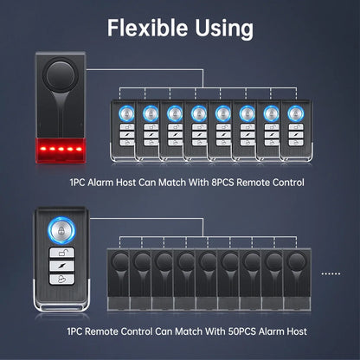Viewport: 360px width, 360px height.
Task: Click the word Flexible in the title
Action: (x=147, y=28)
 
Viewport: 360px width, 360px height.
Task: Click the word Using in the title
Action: (x=224, y=29)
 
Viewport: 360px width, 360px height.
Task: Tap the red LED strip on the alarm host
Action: (x=61, y=150)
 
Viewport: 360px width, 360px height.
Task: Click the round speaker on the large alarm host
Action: (x=61, y=75)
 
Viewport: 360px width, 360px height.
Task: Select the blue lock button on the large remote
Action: (x=61, y=231)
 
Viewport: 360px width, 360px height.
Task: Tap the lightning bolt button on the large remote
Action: (x=61, y=266)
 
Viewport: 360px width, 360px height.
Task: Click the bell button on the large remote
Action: (x=61, y=280)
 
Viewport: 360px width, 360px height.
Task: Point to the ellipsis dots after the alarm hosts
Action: (x=331, y=273)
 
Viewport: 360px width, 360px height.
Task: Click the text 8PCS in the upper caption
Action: (x=222, y=183)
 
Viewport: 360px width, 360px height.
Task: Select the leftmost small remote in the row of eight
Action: (x=123, y=130)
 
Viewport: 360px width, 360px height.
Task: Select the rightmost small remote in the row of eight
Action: (x=296, y=130)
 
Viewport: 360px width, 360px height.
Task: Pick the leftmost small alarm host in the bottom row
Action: (x=119, y=280)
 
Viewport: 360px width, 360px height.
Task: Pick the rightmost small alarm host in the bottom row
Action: (x=297, y=280)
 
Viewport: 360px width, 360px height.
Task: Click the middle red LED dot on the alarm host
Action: (x=61, y=149)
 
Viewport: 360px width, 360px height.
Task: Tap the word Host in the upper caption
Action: (x=125, y=183)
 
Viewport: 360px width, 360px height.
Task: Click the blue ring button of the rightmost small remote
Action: (x=296, y=113)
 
